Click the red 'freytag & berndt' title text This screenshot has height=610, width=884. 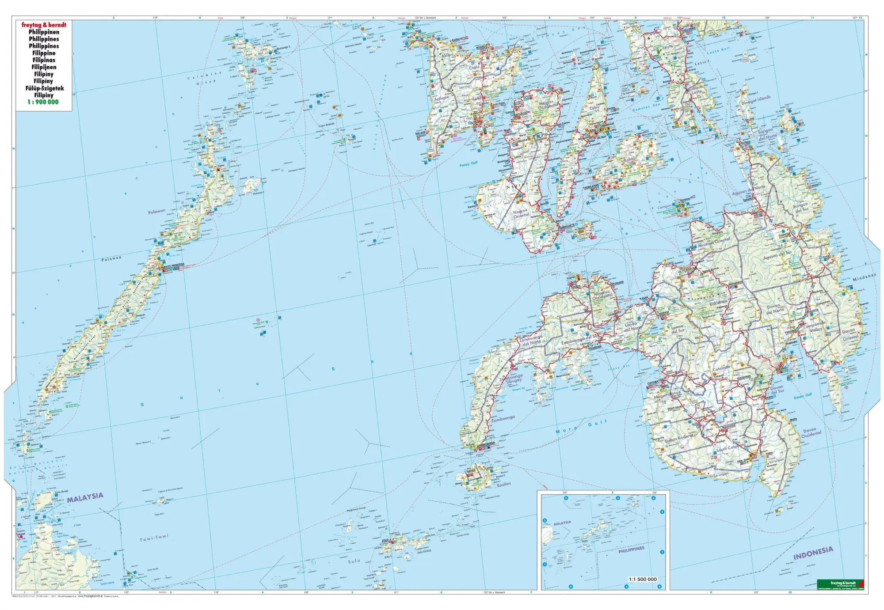[44, 25]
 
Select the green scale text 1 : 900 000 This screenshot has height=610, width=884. [43, 102]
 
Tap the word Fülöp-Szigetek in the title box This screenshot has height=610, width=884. [44, 88]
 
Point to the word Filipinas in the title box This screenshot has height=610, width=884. [44, 60]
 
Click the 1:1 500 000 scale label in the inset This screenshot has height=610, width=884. [643, 579]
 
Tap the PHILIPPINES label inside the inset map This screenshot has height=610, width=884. [631, 549]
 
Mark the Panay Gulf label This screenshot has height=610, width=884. [469, 164]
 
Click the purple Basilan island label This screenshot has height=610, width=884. [503, 484]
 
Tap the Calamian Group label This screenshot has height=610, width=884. [204, 78]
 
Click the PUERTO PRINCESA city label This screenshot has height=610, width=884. [172, 265]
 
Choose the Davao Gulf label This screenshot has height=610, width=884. [803, 396]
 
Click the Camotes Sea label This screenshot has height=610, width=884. [646, 107]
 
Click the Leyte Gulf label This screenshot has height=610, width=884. [719, 51]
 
